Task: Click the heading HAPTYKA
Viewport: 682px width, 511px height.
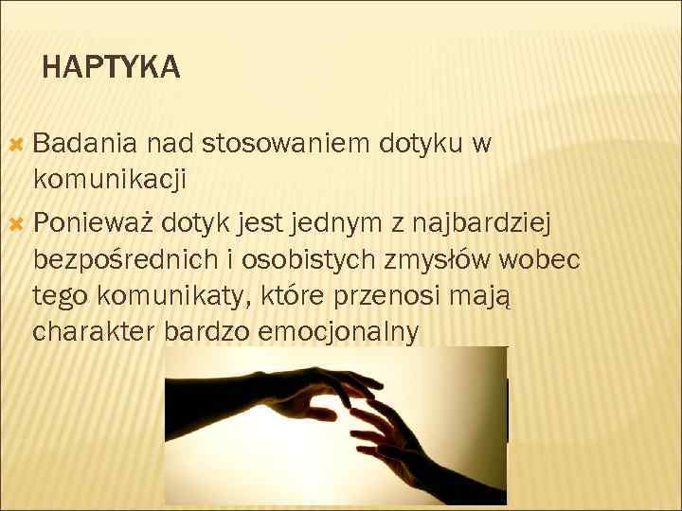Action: point(111,67)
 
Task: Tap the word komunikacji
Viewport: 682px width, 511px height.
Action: point(109,177)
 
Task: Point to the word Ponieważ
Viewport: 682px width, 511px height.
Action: point(92,223)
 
